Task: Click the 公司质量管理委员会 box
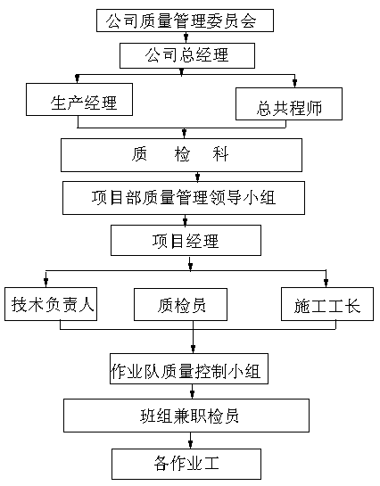(x=185, y=21)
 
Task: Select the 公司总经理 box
(x=187, y=55)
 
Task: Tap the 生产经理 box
(x=79, y=99)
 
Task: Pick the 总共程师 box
(x=289, y=103)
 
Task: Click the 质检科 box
(x=181, y=155)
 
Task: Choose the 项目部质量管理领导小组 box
(x=184, y=198)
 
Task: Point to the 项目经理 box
(x=186, y=240)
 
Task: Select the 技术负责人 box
(x=51, y=304)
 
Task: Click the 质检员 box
(x=180, y=304)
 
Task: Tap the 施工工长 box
(x=327, y=304)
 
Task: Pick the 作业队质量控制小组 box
(x=189, y=368)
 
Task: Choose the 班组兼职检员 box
(x=186, y=416)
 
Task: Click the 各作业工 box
(x=186, y=464)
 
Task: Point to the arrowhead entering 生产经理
(x=78, y=79)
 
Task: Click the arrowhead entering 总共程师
(x=294, y=83)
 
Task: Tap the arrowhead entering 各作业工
(x=190, y=445)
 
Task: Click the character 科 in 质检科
(x=220, y=154)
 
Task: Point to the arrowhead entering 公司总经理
(x=186, y=39)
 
